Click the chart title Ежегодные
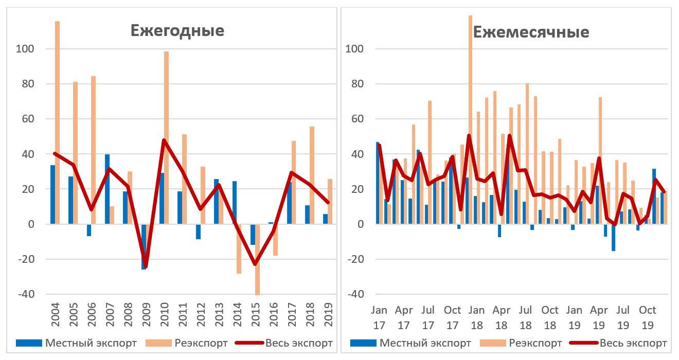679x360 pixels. pyautogui.click(x=177, y=30)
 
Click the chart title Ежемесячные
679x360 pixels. pyautogui.click(x=531, y=32)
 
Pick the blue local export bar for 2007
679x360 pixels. pyautogui.click(x=107, y=189)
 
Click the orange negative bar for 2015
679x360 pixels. pyautogui.click(x=257, y=260)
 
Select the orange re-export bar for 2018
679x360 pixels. pyautogui.click(x=312, y=175)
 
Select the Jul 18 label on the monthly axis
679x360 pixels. pyautogui.click(x=525, y=317)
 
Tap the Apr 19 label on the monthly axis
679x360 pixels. pyautogui.click(x=599, y=317)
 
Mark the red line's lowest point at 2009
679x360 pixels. pyautogui.click(x=146, y=267)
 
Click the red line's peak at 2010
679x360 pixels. pyautogui.click(x=164, y=140)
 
